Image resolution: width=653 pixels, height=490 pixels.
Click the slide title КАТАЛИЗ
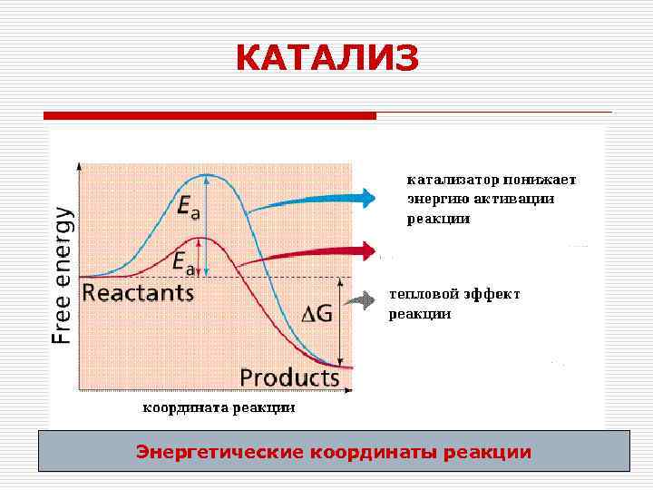click(x=326, y=59)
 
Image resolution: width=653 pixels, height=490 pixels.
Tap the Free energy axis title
click(x=62, y=275)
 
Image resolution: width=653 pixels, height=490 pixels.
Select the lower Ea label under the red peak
click(x=183, y=263)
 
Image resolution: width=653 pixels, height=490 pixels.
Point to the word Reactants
click(x=138, y=293)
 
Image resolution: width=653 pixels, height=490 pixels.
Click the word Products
click(x=289, y=377)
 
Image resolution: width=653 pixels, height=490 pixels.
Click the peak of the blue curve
click(x=209, y=174)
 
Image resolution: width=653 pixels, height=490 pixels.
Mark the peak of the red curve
click(x=204, y=238)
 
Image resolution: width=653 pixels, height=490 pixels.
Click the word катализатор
click(x=447, y=180)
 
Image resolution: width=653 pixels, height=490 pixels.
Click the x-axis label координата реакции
click(x=218, y=408)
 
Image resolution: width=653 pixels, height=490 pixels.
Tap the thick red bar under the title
click(x=210, y=116)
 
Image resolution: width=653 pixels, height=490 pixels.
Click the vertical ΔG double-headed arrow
click(x=338, y=322)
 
